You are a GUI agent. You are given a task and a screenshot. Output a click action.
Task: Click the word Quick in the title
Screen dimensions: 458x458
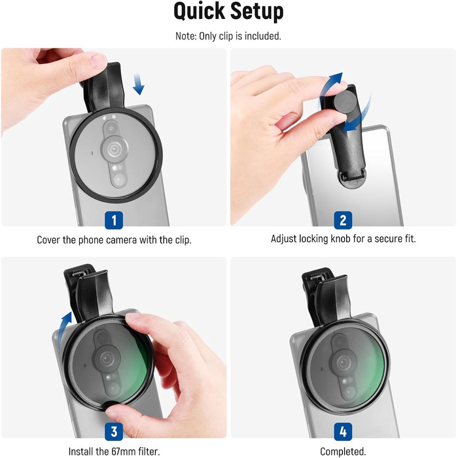pyautogui.click(x=199, y=12)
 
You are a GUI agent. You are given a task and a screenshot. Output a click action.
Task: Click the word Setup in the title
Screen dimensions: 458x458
pyautogui.click(x=256, y=12)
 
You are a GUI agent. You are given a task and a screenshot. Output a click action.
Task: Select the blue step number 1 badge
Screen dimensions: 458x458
pyautogui.click(x=114, y=220)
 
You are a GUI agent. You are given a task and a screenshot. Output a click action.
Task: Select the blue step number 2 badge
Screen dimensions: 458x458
pyautogui.click(x=343, y=220)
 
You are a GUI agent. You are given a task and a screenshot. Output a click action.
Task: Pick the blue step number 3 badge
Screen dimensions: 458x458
pyautogui.click(x=114, y=431)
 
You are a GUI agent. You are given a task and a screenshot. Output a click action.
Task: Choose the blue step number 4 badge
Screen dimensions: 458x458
pyautogui.click(x=343, y=431)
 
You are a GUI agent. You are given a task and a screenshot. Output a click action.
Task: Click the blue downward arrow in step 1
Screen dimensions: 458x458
pyautogui.click(x=138, y=84)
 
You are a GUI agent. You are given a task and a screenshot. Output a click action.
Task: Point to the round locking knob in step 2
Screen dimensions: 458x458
pyautogui.click(x=345, y=101)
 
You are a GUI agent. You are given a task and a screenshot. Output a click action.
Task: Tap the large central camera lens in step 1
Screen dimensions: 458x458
pyautogui.click(x=114, y=149)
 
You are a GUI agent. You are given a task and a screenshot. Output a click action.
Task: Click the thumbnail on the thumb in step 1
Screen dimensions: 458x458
pyautogui.click(x=98, y=62)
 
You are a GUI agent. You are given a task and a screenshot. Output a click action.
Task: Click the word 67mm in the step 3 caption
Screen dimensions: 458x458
pyautogui.click(x=121, y=451)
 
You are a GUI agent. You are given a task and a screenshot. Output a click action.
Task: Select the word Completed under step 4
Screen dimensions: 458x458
pyautogui.click(x=343, y=451)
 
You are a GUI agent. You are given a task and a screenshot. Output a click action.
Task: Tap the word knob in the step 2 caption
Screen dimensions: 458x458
pyautogui.click(x=340, y=239)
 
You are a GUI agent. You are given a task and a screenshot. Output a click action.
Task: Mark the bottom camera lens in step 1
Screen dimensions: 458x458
pyautogui.click(x=119, y=180)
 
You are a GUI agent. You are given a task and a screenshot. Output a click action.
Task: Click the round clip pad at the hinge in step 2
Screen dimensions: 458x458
pyautogui.click(x=352, y=179)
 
